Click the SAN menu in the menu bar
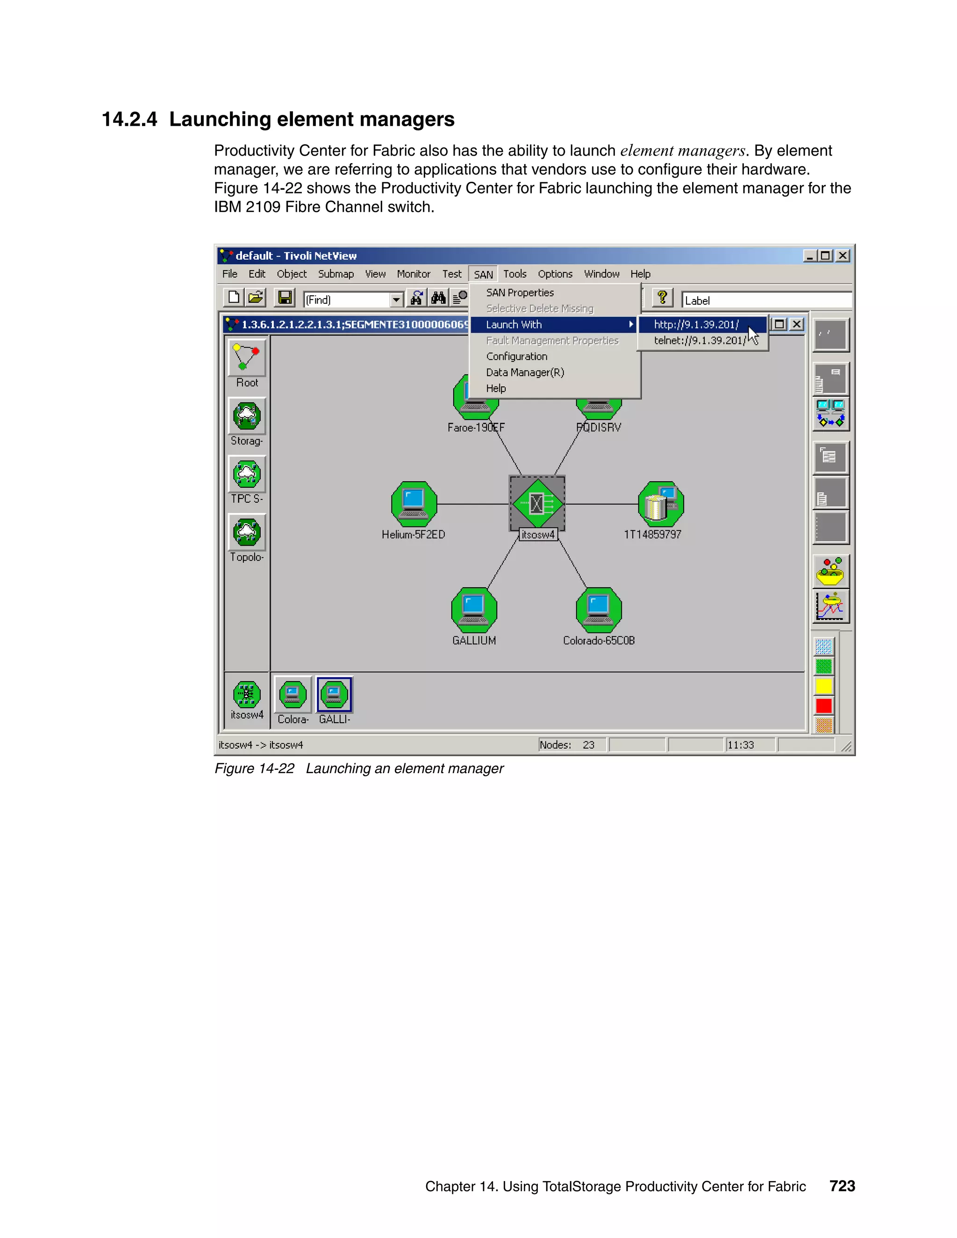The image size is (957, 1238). (x=483, y=274)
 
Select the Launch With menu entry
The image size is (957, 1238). (x=514, y=325)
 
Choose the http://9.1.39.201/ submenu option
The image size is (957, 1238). (x=696, y=325)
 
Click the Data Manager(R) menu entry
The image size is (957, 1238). (x=525, y=372)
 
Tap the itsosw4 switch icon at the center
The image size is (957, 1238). (x=537, y=503)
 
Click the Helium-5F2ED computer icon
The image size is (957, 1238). (x=414, y=503)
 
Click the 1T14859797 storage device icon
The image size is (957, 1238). (x=660, y=503)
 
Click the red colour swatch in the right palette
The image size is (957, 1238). (x=824, y=706)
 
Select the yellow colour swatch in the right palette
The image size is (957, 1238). (x=824, y=686)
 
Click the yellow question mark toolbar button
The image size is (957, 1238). (x=662, y=298)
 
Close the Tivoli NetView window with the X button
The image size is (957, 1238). (x=843, y=256)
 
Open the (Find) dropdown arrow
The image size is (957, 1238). (x=396, y=299)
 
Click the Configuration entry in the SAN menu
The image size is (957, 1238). (x=516, y=356)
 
